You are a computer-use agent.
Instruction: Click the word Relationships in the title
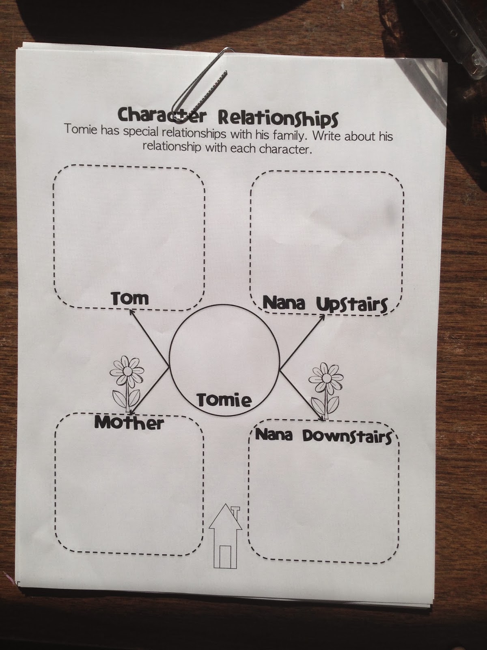tap(278, 118)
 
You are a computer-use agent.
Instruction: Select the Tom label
tap(130, 299)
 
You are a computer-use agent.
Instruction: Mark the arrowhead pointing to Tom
tap(131, 312)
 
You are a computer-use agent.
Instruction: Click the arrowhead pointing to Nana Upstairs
tap(322, 317)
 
